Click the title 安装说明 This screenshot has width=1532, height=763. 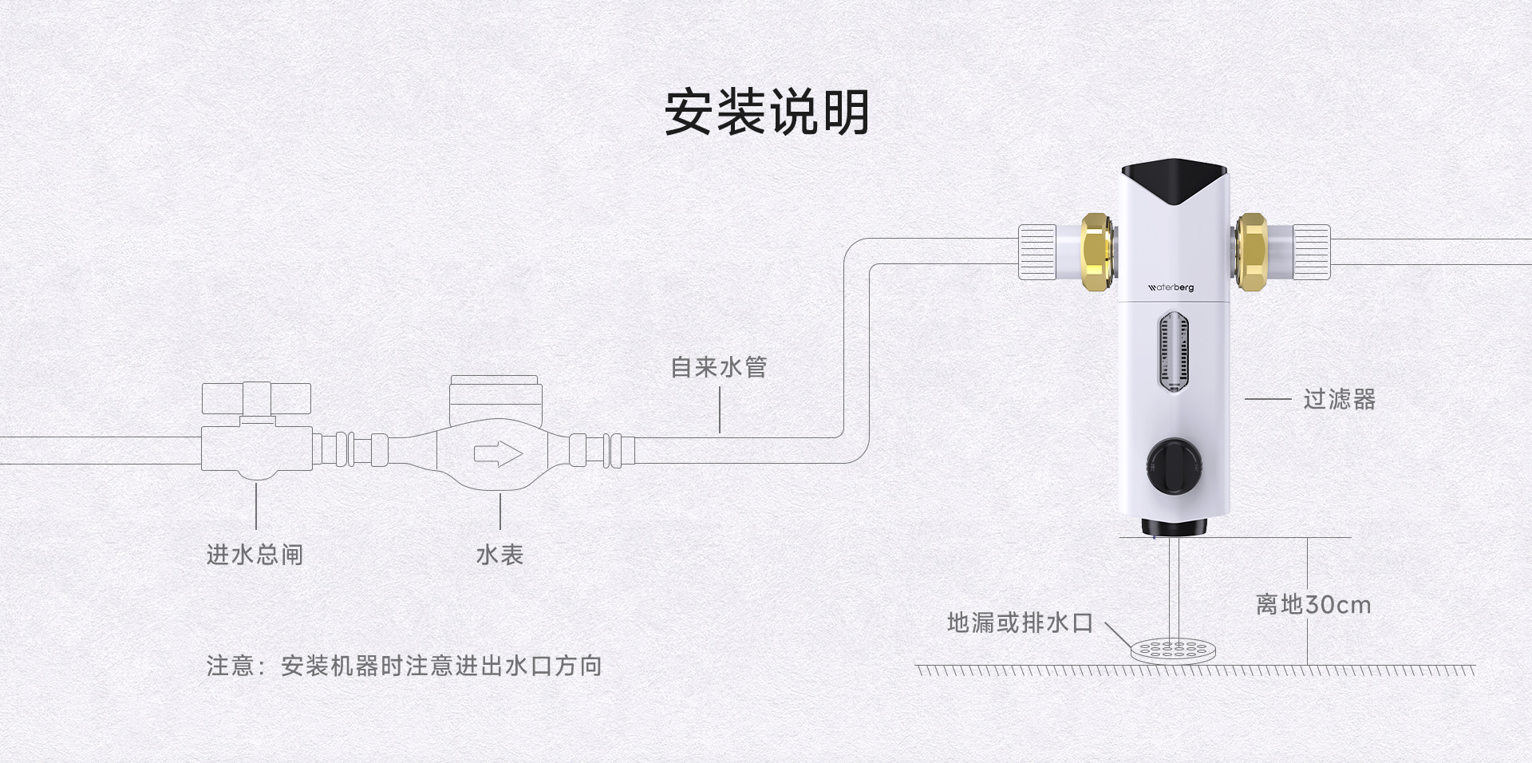click(x=767, y=113)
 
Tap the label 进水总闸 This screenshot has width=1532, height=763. click(x=255, y=555)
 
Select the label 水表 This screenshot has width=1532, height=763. click(x=499, y=555)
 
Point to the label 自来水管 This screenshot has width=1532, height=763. click(x=719, y=367)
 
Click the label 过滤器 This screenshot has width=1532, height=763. click(x=1340, y=399)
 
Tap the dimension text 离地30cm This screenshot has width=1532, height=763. click(x=1313, y=605)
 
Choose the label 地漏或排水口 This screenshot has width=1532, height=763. click(x=1020, y=623)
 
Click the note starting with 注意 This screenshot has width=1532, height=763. click(x=404, y=666)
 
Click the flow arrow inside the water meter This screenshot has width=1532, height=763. click(x=498, y=454)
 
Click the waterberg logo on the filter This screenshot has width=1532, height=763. click(x=1171, y=287)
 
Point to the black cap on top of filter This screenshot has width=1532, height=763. click(x=1174, y=180)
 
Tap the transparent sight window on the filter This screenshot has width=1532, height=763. click(x=1173, y=354)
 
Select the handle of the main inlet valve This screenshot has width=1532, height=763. click(x=256, y=398)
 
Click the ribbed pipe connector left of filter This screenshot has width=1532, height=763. click(x=1037, y=252)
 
